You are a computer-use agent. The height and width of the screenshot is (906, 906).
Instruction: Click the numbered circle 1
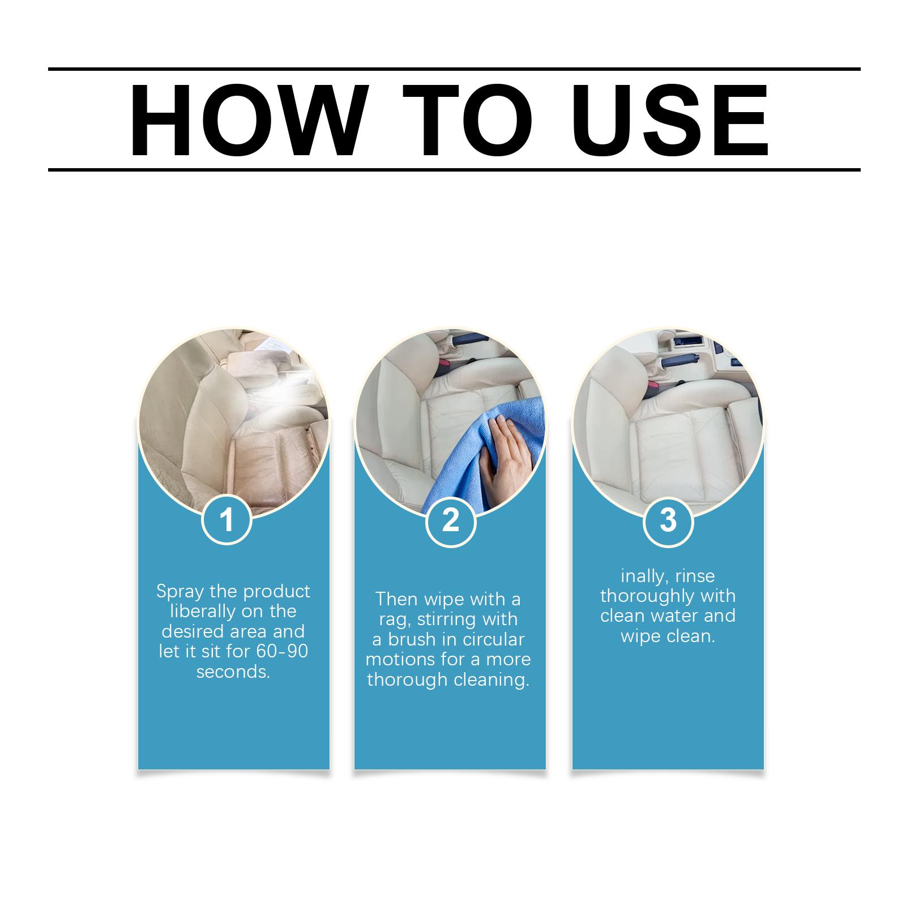(226, 519)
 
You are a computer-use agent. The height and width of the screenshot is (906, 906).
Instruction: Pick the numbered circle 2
(450, 519)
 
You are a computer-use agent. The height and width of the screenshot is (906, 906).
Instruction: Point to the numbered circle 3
(668, 519)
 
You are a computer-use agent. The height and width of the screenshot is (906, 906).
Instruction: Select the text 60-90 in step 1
(282, 651)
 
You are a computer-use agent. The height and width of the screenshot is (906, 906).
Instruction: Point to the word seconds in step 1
(233, 672)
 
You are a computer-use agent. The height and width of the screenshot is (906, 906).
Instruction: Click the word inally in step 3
(642, 576)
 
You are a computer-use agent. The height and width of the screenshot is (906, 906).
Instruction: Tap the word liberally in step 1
(203, 612)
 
